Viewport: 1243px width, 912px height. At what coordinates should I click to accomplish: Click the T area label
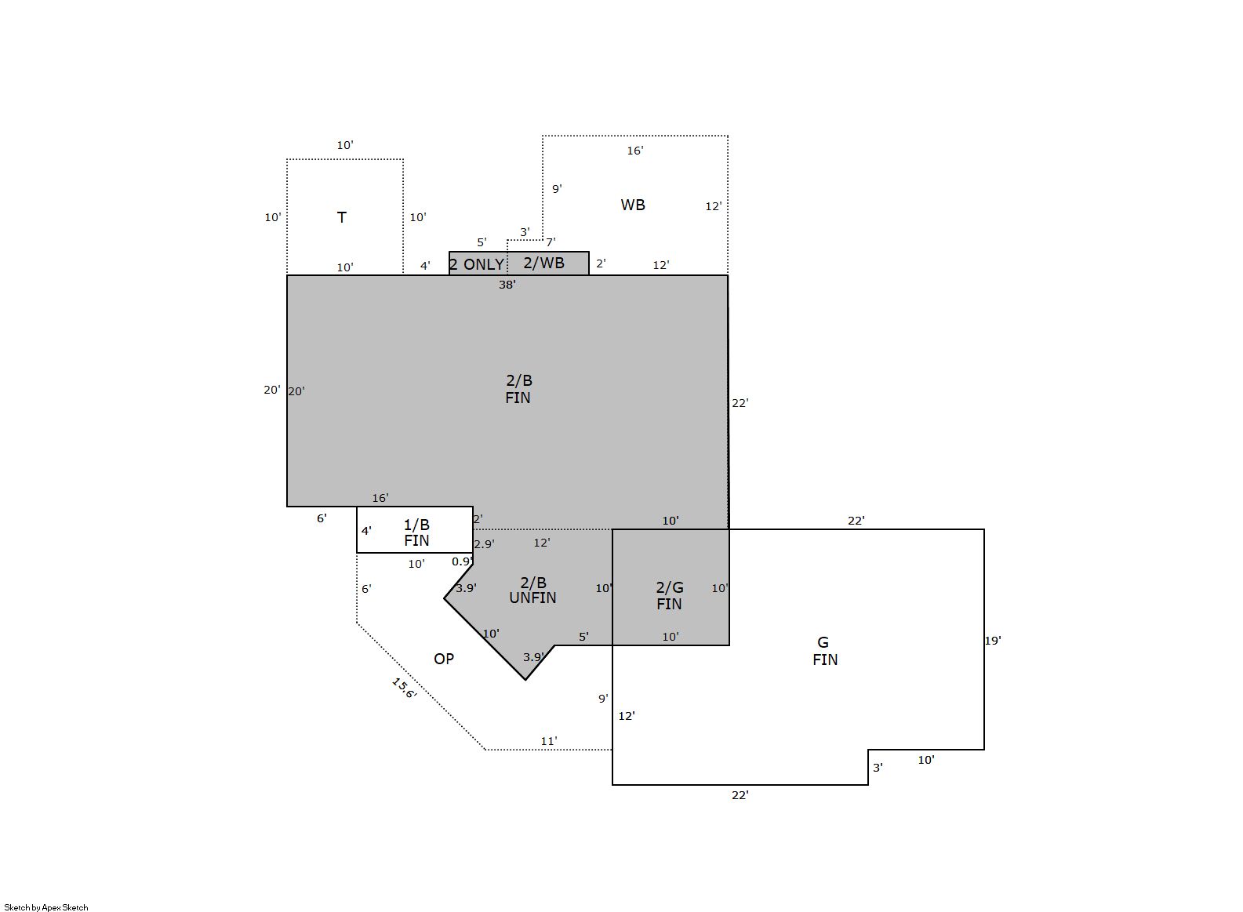pyautogui.click(x=342, y=217)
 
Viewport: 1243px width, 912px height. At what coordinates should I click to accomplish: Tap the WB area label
pyautogui.click(x=633, y=205)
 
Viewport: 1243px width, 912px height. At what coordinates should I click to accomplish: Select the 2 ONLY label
pyautogui.click(x=476, y=264)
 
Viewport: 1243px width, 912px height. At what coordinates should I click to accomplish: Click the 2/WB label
pyautogui.click(x=543, y=263)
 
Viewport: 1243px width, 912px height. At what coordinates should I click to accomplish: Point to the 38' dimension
pyautogui.click(x=507, y=285)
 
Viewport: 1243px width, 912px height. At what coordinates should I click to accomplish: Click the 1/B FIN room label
pyautogui.click(x=416, y=532)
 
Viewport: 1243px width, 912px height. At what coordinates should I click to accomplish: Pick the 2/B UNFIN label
pyautogui.click(x=532, y=590)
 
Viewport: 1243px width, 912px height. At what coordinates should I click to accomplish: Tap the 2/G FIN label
pyautogui.click(x=669, y=596)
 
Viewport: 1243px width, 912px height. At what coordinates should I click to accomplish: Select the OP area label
pyautogui.click(x=443, y=659)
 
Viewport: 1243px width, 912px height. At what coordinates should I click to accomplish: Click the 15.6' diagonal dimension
pyautogui.click(x=403, y=688)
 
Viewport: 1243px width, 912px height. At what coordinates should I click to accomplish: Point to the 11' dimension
pyautogui.click(x=549, y=741)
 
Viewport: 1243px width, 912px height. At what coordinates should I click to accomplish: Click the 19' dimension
pyautogui.click(x=993, y=641)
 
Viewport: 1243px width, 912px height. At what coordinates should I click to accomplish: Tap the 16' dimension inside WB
pyautogui.click(x=634, y=151)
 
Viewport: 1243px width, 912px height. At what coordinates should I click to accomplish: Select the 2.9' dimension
pyautogui.click(x=484, y=544)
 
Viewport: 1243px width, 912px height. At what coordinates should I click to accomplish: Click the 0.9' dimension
pyautogui.click(x=462, y=561)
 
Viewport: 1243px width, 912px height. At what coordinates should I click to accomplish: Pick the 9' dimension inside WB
pyautogui.click(x=557, y=189)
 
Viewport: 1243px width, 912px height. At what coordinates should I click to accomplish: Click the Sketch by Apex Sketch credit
pyautogui.click(x=46, y=907)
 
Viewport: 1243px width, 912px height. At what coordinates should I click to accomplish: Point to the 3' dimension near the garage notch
pyautogui.click(x=878, y=768)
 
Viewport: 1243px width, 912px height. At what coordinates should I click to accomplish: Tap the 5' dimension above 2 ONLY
pyautogui.click(x=482, y=242)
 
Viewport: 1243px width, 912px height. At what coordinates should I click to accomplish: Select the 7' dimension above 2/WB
pyautogui.click(x=551, y=242)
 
